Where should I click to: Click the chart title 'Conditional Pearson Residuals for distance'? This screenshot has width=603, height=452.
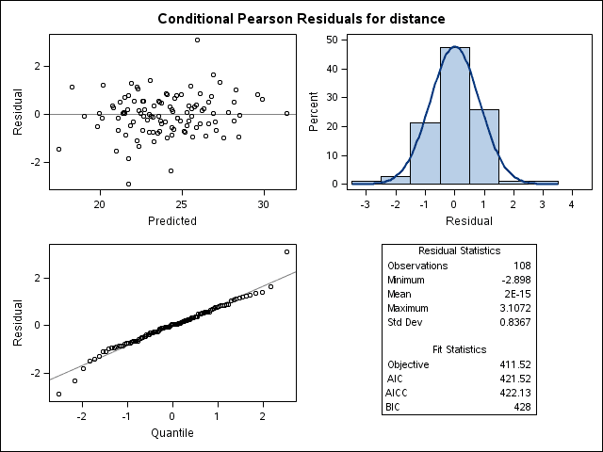point(301,19)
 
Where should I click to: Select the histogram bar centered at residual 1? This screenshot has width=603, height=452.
point(484,146)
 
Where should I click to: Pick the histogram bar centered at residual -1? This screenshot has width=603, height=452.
point(425,153)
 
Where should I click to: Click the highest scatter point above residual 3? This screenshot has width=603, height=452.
point(197,40)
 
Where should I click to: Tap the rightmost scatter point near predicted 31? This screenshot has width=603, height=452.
point(286,113)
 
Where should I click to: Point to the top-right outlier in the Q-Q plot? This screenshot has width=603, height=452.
point(286,251)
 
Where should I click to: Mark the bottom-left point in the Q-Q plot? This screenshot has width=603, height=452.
point(58,394)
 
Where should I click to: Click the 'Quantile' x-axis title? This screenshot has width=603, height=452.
point(172,433)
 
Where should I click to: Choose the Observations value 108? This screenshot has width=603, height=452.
point(521,266)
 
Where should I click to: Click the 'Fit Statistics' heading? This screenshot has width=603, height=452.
point(458,348)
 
